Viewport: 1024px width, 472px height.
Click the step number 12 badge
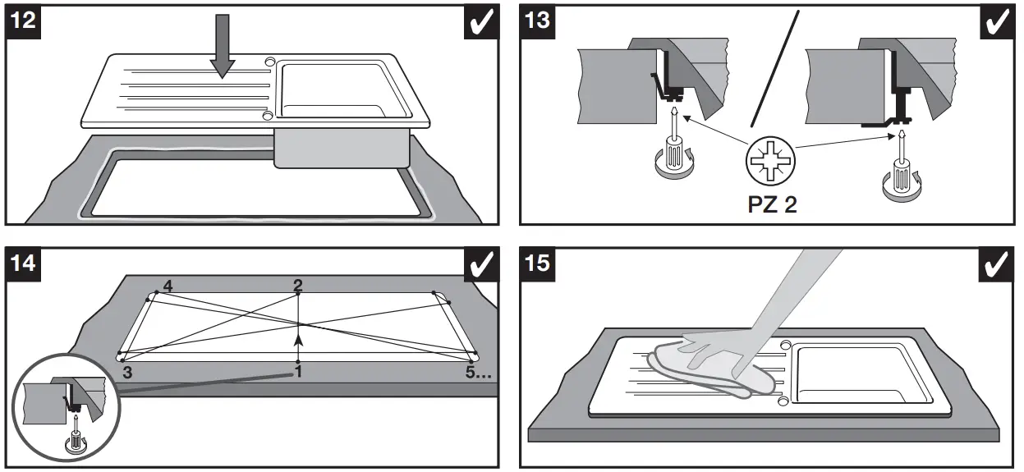pyautogui.click(x=24, y=21)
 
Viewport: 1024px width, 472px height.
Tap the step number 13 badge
pyautogui.click(x=537, y=21)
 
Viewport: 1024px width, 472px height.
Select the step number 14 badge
pyautogui.click(x=24, y=263)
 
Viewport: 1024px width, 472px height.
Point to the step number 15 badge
pyautogui.click(x=537, y=263)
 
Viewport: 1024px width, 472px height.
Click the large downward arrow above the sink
pyautogui.click(x=222, y=53)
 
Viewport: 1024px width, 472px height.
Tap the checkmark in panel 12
pyautogui.click(x=480, y=22)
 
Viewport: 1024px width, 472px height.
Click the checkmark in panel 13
pyautogui.click(x=996, y=22)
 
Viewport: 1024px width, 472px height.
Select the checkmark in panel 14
pyautogui.click(x=480, y=264)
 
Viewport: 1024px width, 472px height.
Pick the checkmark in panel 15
pyautogui.click(x=996, y=264)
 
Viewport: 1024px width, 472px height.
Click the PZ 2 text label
pyautogui.click(x=772, y=204)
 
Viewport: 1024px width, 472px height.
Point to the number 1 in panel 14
pyautogui.click(x=299, y=373)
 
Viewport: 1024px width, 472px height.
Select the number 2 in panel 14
pyautogui.click(x=298, y=284)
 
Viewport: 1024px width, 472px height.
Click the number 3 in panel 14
pyautogui.click(x=127, y=372)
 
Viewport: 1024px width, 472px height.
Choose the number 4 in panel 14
pyautogui.click(x=168, y=286)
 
